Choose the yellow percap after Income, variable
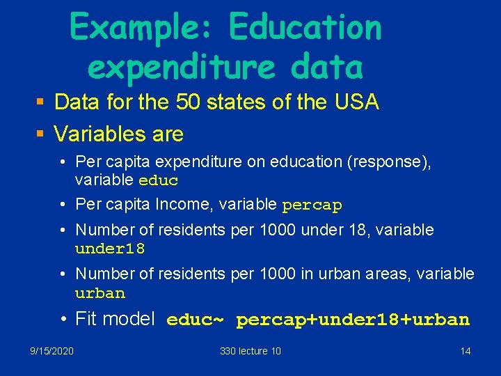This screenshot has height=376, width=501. [312, 205]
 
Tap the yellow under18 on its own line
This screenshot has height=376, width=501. [110, 249]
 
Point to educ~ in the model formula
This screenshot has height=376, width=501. [196, 320]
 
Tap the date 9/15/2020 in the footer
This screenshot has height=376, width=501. [51, 351]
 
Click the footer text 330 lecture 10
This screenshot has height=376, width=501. [250, 351]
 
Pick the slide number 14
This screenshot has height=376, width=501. [466, 351]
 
